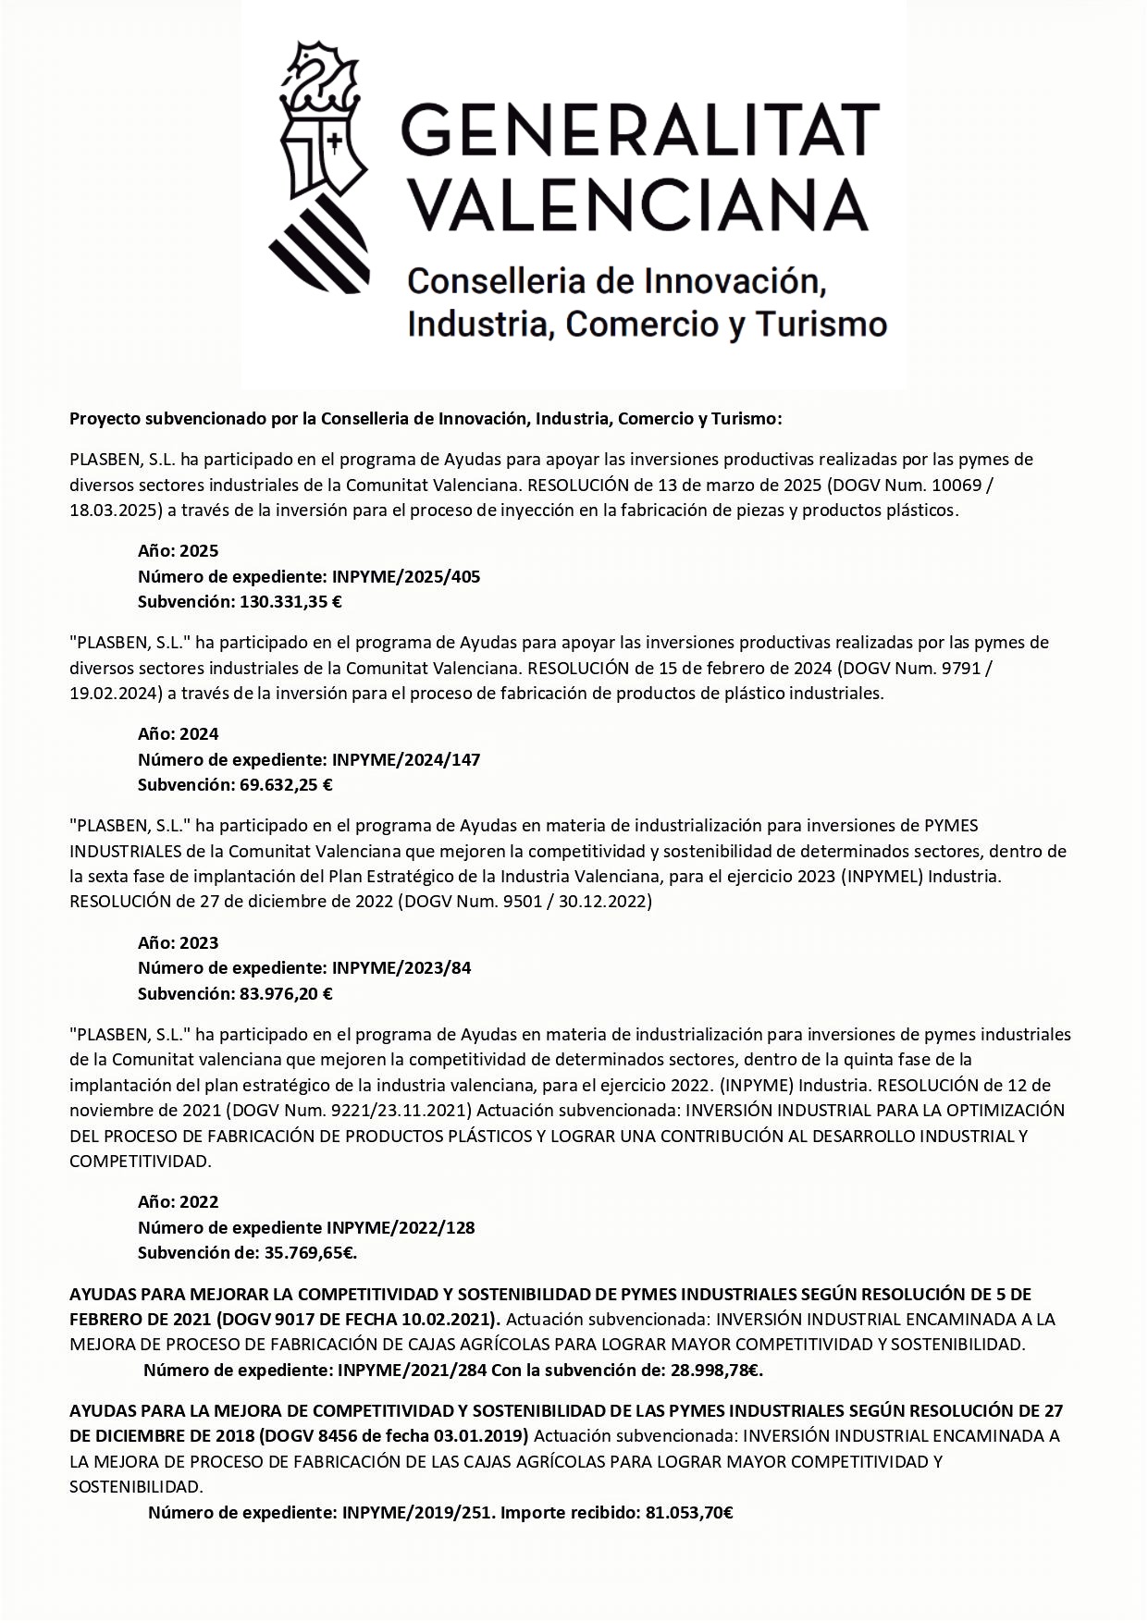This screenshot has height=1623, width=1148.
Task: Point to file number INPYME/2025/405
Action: [406, 576]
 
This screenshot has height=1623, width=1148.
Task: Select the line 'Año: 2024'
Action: [179, 734]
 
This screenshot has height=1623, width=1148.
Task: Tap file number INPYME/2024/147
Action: [406, 759]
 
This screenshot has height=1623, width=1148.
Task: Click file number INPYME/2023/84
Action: [401, 968]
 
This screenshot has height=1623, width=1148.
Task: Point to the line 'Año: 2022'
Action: [179, 1202]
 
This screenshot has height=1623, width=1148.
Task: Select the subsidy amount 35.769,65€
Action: [311, 1254]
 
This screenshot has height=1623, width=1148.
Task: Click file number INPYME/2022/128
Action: [401, 1228]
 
